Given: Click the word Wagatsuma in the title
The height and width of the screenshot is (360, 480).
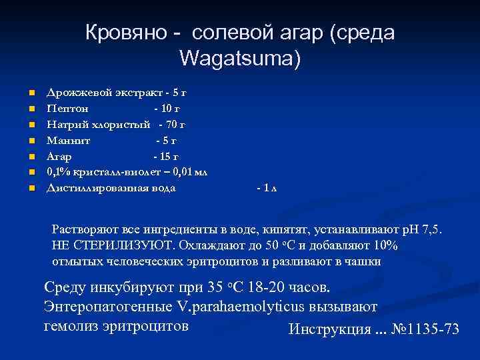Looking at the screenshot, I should (x=240, y=59).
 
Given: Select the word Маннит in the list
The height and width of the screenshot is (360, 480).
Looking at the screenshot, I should (x=69, y=140).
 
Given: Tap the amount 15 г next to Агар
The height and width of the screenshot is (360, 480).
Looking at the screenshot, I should (x=167, y=156).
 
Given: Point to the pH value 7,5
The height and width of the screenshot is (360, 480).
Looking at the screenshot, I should (x=439, y=230).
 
